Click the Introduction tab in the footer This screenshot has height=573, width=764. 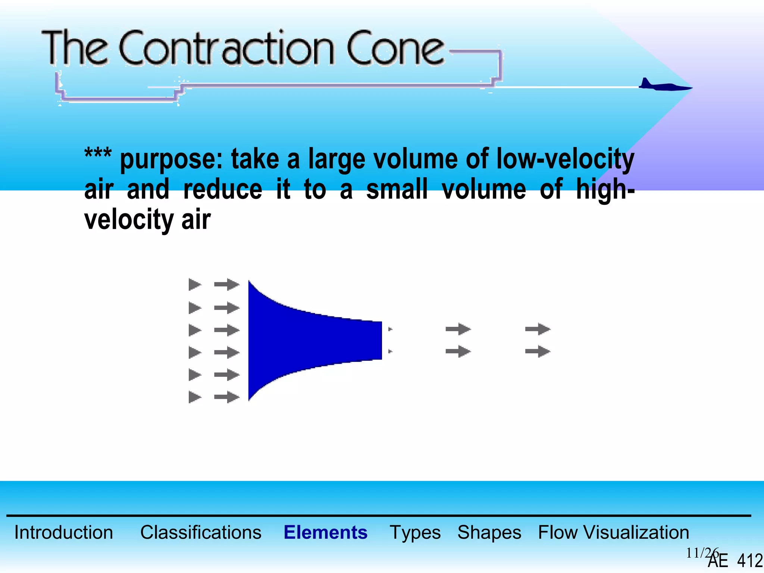(63, 532)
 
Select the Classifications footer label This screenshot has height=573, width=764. (201, 532)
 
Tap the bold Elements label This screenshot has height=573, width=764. (325, 532)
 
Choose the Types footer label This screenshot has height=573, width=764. (415, 532)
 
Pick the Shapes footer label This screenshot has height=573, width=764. (489, 532)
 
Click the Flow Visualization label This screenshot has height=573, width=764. (613, 532)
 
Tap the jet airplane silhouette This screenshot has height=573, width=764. (664, 86)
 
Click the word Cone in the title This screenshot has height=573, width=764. (395, 48)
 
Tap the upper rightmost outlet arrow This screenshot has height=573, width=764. (538, 329)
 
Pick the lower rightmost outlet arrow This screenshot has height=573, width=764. (538, 351)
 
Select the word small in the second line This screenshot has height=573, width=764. (397, 190)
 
